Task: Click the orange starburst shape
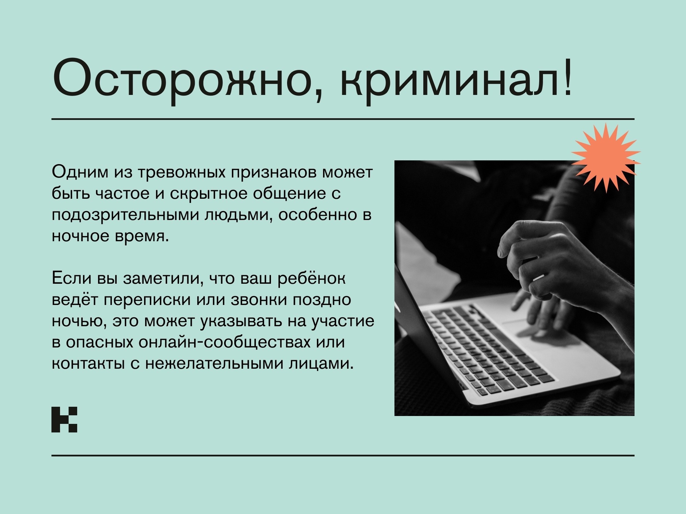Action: tap(606, 157)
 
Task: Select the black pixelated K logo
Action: tap(64, 419)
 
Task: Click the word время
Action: tap(142, 236)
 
